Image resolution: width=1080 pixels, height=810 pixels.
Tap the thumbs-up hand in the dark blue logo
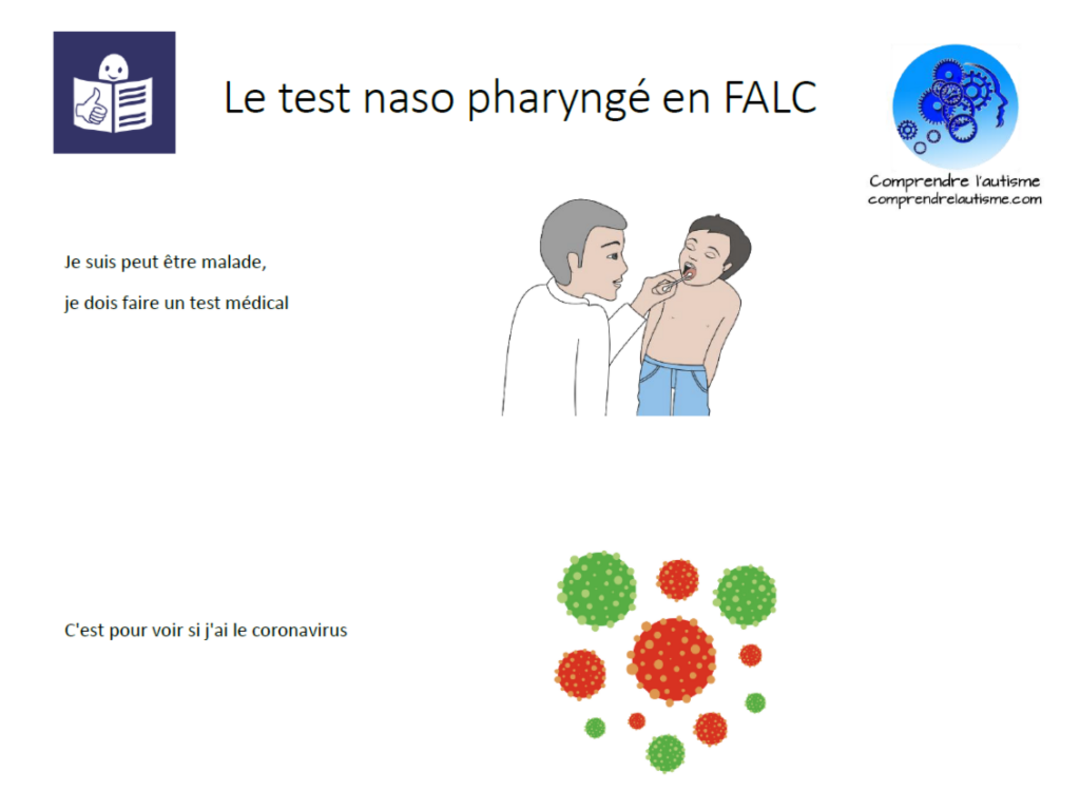(91, 107)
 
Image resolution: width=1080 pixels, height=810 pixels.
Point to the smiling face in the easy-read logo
(113, 68)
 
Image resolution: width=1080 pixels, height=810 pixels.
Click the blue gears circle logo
(955, 107)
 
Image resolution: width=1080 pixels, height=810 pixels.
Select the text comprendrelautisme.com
(954, 199)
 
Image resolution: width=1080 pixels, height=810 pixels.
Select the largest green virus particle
(596, 590)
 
